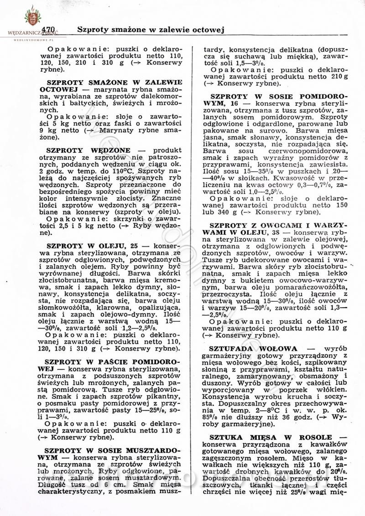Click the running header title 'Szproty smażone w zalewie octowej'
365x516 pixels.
point(149,30)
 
